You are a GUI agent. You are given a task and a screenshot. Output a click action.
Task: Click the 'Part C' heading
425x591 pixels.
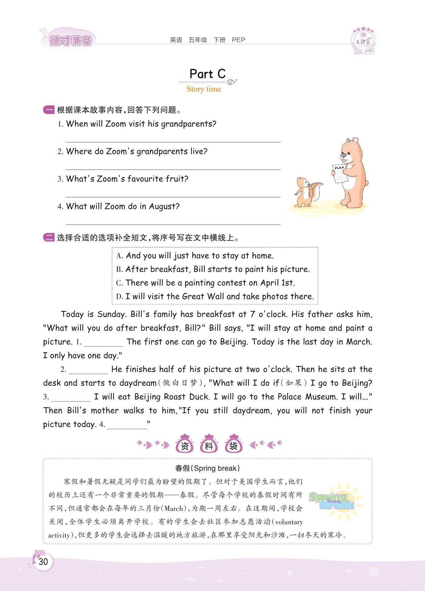[207, 74]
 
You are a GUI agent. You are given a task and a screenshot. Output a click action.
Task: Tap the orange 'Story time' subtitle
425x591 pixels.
[204, 89]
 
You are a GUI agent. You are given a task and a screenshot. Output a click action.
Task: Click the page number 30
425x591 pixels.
[43, 562]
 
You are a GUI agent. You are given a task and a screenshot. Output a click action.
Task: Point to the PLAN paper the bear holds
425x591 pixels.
[340, 173]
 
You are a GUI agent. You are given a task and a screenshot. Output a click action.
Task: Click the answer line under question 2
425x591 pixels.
[173, 169]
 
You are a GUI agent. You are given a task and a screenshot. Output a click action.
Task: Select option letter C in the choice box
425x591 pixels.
[119, 283]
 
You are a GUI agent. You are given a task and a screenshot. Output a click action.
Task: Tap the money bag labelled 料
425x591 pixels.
[209, 445]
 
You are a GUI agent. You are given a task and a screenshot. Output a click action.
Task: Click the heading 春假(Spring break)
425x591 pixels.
[207, 468]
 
